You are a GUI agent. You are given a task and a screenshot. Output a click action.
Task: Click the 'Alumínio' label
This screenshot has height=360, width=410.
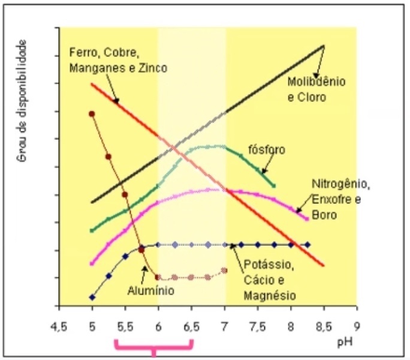pos(150,291)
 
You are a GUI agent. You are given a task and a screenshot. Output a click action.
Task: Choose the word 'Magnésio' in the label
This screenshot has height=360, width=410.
pos(270,296)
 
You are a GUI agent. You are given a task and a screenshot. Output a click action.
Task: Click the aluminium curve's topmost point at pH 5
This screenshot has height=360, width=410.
pos(92,113)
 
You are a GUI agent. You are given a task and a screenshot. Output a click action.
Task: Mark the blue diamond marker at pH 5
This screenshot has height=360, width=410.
pos(92,296)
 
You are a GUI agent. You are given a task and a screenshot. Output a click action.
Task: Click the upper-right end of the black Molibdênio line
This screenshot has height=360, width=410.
pos(324,46)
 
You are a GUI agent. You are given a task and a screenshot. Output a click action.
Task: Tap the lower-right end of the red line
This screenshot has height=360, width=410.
pos(324,265)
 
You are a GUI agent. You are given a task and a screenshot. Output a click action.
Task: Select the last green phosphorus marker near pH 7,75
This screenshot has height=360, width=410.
pos(274,185)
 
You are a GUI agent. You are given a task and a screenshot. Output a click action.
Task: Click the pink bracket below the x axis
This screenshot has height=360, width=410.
pos(154,346)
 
